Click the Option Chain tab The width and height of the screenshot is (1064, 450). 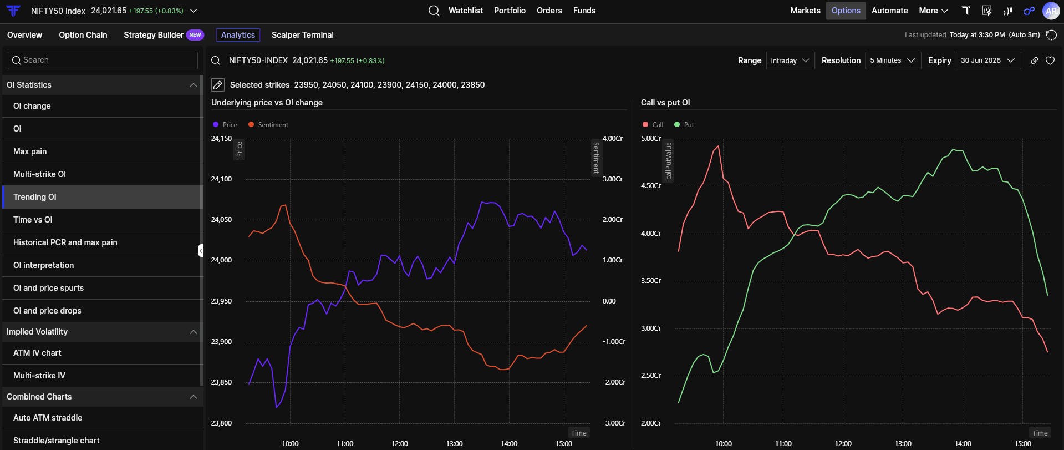(x=83, y=35)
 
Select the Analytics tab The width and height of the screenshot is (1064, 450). (x=238, y=35)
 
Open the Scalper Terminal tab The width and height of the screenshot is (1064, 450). (x=303, y=35)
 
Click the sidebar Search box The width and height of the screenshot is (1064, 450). (x=103, y=60)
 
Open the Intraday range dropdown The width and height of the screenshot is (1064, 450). (x=790, y=60)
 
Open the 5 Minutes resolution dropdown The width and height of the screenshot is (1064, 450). (x=893, y=60)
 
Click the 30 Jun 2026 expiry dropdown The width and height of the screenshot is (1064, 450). (x=989, y=60)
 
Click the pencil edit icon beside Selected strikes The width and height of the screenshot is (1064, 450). (x=218, y=85)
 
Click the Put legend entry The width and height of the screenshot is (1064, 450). (x=684, y=125)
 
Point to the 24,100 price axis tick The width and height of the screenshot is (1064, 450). (x=221, y=179)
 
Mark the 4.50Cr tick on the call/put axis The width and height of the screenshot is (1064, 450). (x=651, y=186)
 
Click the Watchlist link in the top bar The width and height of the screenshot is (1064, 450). (x=465, y=11)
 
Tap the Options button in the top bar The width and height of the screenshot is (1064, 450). (x=846, y=11)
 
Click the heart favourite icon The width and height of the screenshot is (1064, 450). (x=1050, y=60)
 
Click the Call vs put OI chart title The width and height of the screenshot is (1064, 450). (x=665, y=103)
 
